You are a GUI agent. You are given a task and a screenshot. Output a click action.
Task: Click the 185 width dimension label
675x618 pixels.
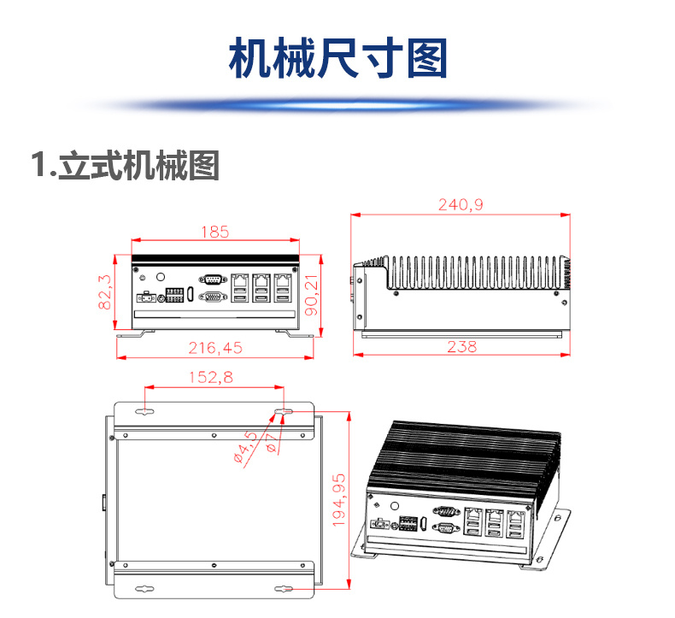(214, 232)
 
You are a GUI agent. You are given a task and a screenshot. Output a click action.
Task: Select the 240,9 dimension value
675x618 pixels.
(461, 205)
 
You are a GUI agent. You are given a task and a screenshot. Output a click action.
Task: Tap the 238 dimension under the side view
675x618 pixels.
(461, 347)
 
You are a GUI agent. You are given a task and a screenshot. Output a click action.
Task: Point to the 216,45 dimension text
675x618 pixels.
(214, 347)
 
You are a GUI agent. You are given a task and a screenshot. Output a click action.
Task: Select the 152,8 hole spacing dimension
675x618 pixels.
(209, 376)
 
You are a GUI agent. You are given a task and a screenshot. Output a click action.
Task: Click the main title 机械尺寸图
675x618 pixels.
(337, 58)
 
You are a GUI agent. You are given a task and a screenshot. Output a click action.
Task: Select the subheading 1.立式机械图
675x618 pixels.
(125, 165)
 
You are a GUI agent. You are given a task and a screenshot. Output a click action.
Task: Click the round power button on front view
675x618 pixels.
(161, 276)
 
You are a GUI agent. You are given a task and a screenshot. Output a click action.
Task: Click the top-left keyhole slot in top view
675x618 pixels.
(145, 412)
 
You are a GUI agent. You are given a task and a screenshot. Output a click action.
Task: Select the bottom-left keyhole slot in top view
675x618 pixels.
(145, 588)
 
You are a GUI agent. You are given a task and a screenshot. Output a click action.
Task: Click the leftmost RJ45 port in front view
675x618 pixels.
(241, 279)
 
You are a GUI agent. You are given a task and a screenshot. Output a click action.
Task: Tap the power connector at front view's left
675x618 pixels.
(146, 298)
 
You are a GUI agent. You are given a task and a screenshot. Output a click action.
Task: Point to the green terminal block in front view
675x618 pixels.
(174, 295)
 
